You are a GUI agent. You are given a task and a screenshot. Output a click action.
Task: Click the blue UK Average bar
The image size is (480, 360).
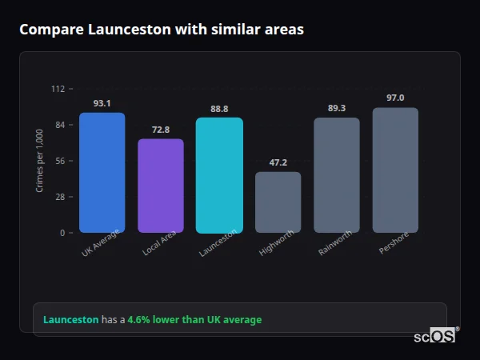point(102,173)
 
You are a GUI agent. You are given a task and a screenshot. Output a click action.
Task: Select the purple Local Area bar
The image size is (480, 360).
point(161,186)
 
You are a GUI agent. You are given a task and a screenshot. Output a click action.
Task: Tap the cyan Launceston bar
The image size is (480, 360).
point(219,175)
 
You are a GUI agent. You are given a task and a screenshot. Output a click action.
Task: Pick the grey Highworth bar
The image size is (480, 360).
point(278,202)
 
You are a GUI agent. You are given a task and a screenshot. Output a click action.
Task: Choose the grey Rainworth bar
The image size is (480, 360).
point(337,175)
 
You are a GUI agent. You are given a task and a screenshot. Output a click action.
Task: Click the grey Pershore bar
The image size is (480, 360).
point(395,170)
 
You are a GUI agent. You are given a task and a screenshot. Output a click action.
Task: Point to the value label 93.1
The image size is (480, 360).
point(102,103)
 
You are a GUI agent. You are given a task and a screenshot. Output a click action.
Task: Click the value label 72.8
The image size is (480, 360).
point(161,130)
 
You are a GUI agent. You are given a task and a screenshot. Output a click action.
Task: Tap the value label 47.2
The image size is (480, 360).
point(278,162)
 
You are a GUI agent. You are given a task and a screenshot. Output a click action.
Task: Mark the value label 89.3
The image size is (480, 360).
point(337,108)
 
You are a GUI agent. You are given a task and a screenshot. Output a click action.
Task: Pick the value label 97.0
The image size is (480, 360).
point(395,98)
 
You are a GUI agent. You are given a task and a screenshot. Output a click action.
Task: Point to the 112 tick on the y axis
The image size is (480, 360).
point(58,89)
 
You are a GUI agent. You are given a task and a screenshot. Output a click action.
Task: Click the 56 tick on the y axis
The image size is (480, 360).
point(59,161)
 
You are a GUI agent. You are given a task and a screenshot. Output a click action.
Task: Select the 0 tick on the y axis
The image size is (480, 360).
point(62,233)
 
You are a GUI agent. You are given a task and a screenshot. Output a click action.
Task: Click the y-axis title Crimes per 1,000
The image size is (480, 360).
point(40,161)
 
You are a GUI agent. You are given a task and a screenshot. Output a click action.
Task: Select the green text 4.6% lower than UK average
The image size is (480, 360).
point(194,320)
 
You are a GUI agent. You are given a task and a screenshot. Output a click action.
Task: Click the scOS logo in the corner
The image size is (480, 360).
point(434,336)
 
